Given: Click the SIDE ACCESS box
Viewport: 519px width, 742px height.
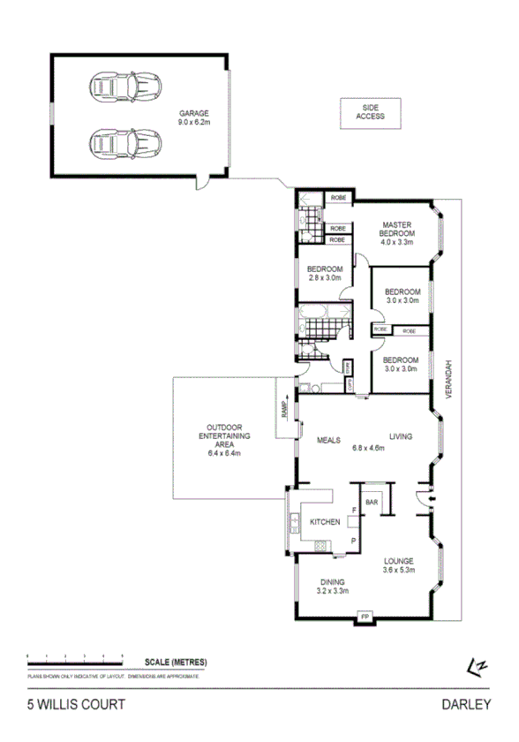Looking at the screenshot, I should (x=370, y=111).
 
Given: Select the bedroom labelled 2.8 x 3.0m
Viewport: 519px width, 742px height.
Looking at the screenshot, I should (x=324, y=273).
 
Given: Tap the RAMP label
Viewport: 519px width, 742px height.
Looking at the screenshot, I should (x=284, y=409).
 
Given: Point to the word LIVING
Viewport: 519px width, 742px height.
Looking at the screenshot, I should (x=401, y=436).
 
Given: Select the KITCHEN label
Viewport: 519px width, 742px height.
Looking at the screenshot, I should (x=324, y=523).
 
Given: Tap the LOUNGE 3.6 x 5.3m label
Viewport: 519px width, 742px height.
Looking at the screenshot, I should (x=400, y=565).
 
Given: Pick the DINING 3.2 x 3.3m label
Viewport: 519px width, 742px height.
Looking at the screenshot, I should (x=333, y=586).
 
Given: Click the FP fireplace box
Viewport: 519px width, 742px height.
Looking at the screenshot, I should (x=363, y=617).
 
